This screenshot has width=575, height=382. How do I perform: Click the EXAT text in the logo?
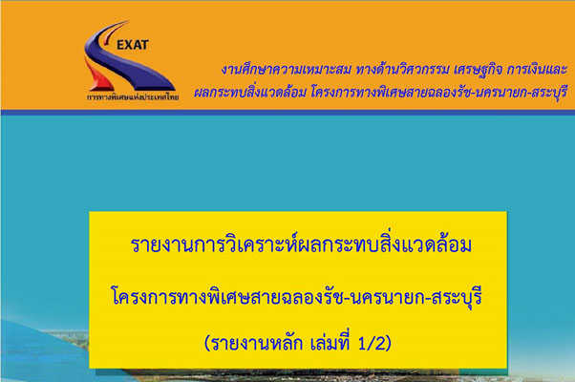tap(133, 45)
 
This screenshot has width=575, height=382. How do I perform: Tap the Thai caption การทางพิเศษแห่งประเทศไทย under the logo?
tap(133, 97)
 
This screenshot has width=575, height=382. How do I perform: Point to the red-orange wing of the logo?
tap(96, 76)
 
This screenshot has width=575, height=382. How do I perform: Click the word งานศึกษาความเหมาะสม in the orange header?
tap(286, 69)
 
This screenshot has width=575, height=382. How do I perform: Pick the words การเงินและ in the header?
tap(537, 70)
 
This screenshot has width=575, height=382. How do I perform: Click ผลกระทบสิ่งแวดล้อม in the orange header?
tap(249, 92)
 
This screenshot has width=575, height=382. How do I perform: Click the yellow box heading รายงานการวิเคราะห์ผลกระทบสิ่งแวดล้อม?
tap(301, 244)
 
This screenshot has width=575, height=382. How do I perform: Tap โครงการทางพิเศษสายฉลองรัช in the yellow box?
tap(227, 296)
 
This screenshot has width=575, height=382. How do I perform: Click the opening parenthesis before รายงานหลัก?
tap(207, 344)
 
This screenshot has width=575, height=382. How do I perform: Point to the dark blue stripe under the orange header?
tap(287, 113)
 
